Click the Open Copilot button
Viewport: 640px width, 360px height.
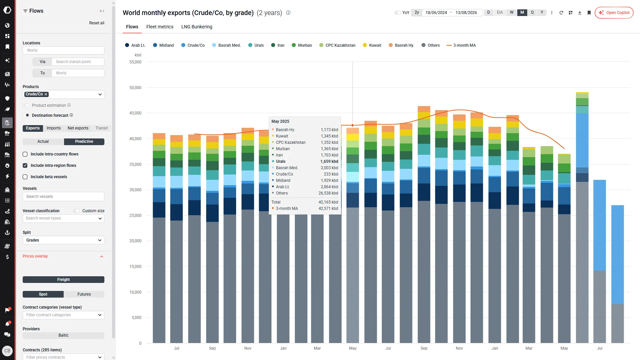[614, 13]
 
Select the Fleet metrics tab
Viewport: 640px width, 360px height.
[160, 27]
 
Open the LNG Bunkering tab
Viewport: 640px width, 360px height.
[197, 27]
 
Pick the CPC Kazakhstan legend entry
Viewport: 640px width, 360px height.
[337, 45]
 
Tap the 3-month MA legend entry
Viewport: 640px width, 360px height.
[461, 45]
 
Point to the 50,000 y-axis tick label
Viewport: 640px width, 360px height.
[135, 88]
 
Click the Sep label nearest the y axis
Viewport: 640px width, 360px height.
[212, 348]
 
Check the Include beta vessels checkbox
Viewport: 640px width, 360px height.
[25, 177]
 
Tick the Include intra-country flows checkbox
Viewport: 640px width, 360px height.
[25, 154]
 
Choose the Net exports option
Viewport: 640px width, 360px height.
[78, 128]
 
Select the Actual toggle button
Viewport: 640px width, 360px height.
[43, 141]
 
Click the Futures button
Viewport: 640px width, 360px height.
[84, 294]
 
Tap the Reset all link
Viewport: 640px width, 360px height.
[97, 23]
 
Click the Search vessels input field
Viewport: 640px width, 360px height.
[63, 197]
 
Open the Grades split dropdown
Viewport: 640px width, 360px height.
[63, 240]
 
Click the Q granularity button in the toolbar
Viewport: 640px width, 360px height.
[532, 13]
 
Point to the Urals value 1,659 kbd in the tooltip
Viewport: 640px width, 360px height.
[329, 161]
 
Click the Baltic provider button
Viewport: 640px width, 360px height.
[63, 335]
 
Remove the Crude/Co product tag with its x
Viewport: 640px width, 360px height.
[46, 94]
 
